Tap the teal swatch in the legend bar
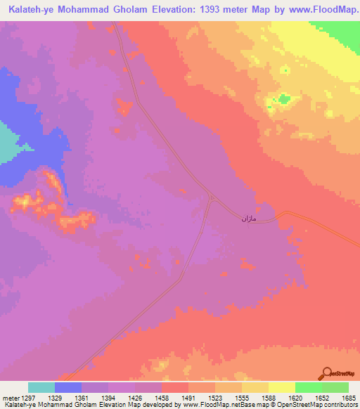41,387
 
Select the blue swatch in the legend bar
68,387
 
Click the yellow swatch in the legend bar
281,387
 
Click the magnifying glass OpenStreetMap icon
327,373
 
